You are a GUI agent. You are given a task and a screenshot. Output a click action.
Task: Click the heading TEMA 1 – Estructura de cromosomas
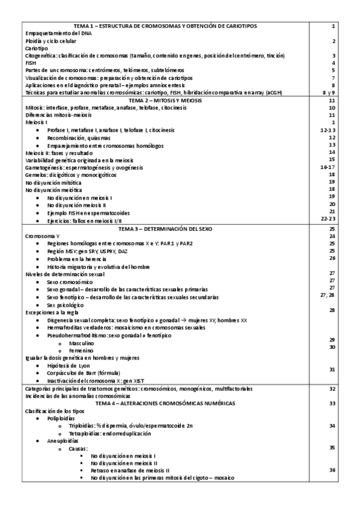click(x=165, y=27)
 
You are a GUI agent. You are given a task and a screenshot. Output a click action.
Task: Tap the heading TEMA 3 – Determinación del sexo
click(x=165, y=230)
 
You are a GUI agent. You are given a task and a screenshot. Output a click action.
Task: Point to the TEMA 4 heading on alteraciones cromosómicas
click(x=165, y=403)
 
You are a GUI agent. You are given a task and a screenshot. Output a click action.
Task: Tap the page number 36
click(x=332, y=470)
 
